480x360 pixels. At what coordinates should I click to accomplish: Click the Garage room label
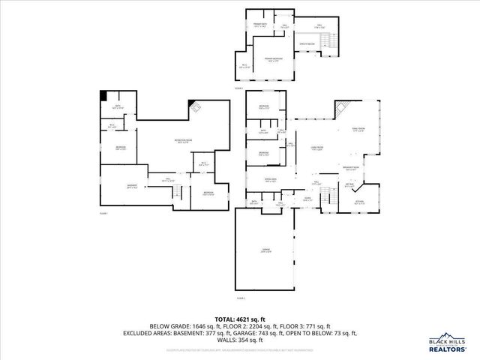click(266, 250)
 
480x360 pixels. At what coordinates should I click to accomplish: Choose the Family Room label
click(358, 130)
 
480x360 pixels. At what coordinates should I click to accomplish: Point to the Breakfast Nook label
click(349, 167)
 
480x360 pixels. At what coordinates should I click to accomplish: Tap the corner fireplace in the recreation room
click(196, 106)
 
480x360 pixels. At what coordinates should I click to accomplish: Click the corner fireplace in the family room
click(341, 106)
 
